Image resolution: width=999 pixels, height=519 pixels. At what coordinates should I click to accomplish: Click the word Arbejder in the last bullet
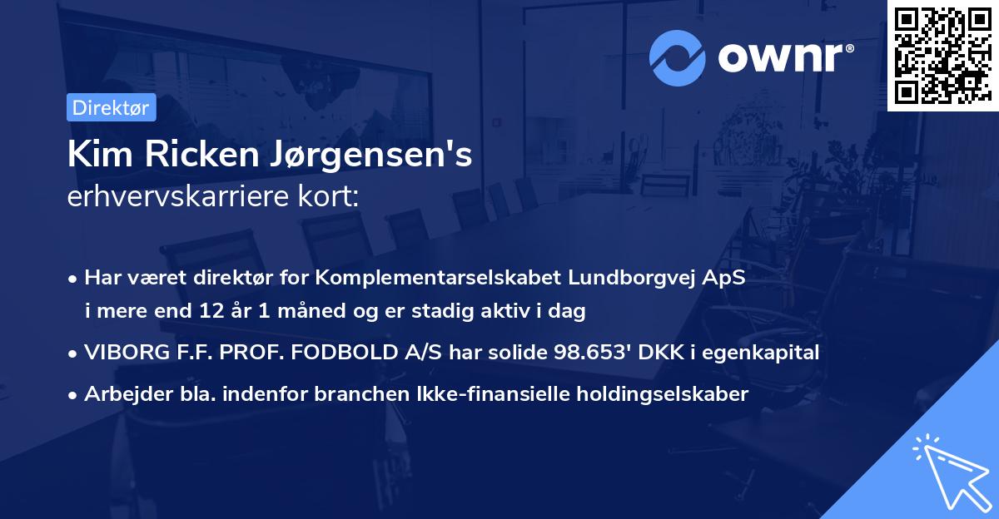(x=119, y=394)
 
